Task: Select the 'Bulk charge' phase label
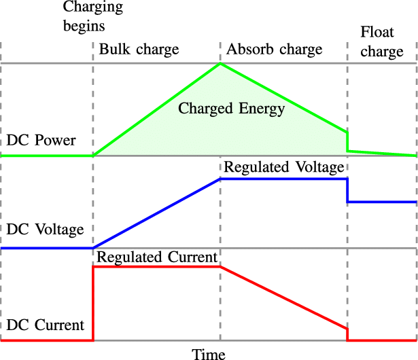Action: coord(139,50)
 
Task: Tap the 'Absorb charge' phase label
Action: coord(275,50)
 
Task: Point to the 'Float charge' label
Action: coord(381,42)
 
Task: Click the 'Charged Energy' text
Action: coord(231,108)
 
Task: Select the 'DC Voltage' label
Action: coord(45,229)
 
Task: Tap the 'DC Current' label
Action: coord(45,325)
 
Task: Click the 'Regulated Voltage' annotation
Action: coord(283,167)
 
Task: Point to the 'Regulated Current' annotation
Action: coord(156,257)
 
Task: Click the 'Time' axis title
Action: coord(209,353)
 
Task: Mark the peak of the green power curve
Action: coord(220,65)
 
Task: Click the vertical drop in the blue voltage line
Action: coord(347,190)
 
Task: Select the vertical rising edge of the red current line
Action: coord(93,304)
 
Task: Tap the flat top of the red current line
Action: coord(156,267)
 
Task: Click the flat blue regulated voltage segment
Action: coord(283,179)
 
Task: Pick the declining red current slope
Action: coord(283,298)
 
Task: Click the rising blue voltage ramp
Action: coord(156,213)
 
